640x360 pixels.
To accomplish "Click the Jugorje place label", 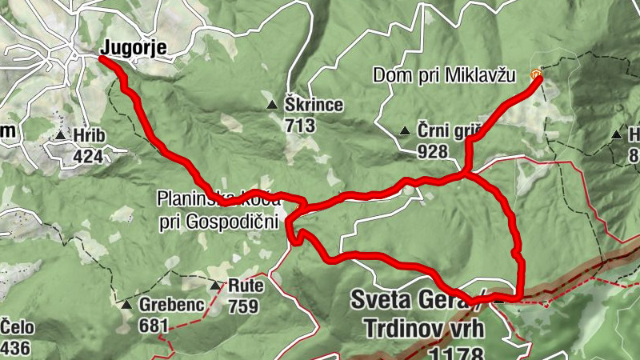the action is pyautogui.click(x=134, y=48).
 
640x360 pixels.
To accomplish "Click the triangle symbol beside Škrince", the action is pyautogui.click(x=272, y=104).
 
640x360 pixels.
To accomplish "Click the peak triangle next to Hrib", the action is pyautogui.click(x=61, y=136).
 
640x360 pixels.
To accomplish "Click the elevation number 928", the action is pyautogui.click(x=432, y=150).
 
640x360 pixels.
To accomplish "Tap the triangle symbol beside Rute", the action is pyautogui.click(x=215, y=286).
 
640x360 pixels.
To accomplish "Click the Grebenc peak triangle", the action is pyautogui.click(x=126, y=305).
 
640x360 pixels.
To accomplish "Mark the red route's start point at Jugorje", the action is pyautogui.click(x=103, y=58).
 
